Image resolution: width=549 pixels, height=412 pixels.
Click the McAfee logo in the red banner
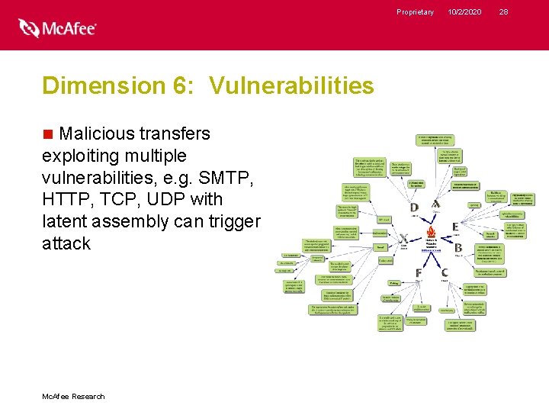[58, 28]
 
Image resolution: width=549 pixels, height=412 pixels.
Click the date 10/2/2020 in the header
[464, 11]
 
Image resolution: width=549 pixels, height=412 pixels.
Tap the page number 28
[503, 11]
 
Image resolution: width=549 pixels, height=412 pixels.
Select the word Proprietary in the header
[415, 11]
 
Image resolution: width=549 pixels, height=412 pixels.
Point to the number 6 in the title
[181, 85]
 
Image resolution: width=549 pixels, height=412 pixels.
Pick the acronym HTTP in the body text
[67, 200]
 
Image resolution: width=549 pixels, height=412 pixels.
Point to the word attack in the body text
[66, 243]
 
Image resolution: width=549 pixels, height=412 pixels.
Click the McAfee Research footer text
[74, 396]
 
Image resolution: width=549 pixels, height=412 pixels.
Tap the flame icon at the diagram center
[432, 232]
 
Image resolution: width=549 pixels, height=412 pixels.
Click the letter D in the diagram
[414, 208]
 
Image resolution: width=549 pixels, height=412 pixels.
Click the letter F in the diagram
[419, 273]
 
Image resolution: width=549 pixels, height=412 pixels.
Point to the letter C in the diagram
[445, 272]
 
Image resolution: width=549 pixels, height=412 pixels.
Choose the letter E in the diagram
[455, 227]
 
